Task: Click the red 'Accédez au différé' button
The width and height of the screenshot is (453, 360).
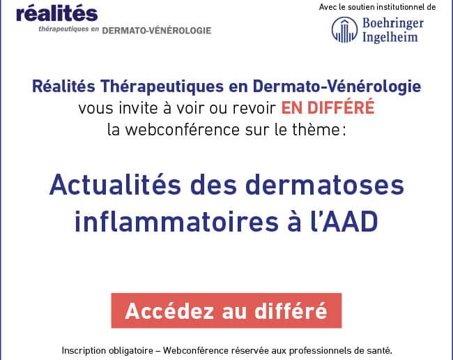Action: click(x=227, y=310)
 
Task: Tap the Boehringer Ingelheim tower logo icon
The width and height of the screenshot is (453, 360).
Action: click(x=344, y=30)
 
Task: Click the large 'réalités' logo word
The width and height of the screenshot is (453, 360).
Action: click(x=57, y=14)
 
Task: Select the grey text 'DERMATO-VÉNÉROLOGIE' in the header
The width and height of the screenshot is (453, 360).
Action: click(x=157, y=31)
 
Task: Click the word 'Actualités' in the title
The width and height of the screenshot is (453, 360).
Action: click(x=115, y=185)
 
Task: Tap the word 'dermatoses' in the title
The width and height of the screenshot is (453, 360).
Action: click(x=325, y=185)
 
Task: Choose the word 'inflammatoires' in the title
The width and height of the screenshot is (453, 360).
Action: click(x=176, y=221)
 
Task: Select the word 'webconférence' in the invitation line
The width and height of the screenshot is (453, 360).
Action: click(x=182, y=130)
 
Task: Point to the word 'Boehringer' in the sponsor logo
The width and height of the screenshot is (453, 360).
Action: click(x=393, y=24)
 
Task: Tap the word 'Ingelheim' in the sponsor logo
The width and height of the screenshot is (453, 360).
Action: click(x=390, y=37)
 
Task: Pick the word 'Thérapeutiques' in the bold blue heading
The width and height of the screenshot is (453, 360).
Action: click(x=162, y=87)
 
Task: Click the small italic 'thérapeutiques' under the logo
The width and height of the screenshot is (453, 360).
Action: click(x=63, y=29)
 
